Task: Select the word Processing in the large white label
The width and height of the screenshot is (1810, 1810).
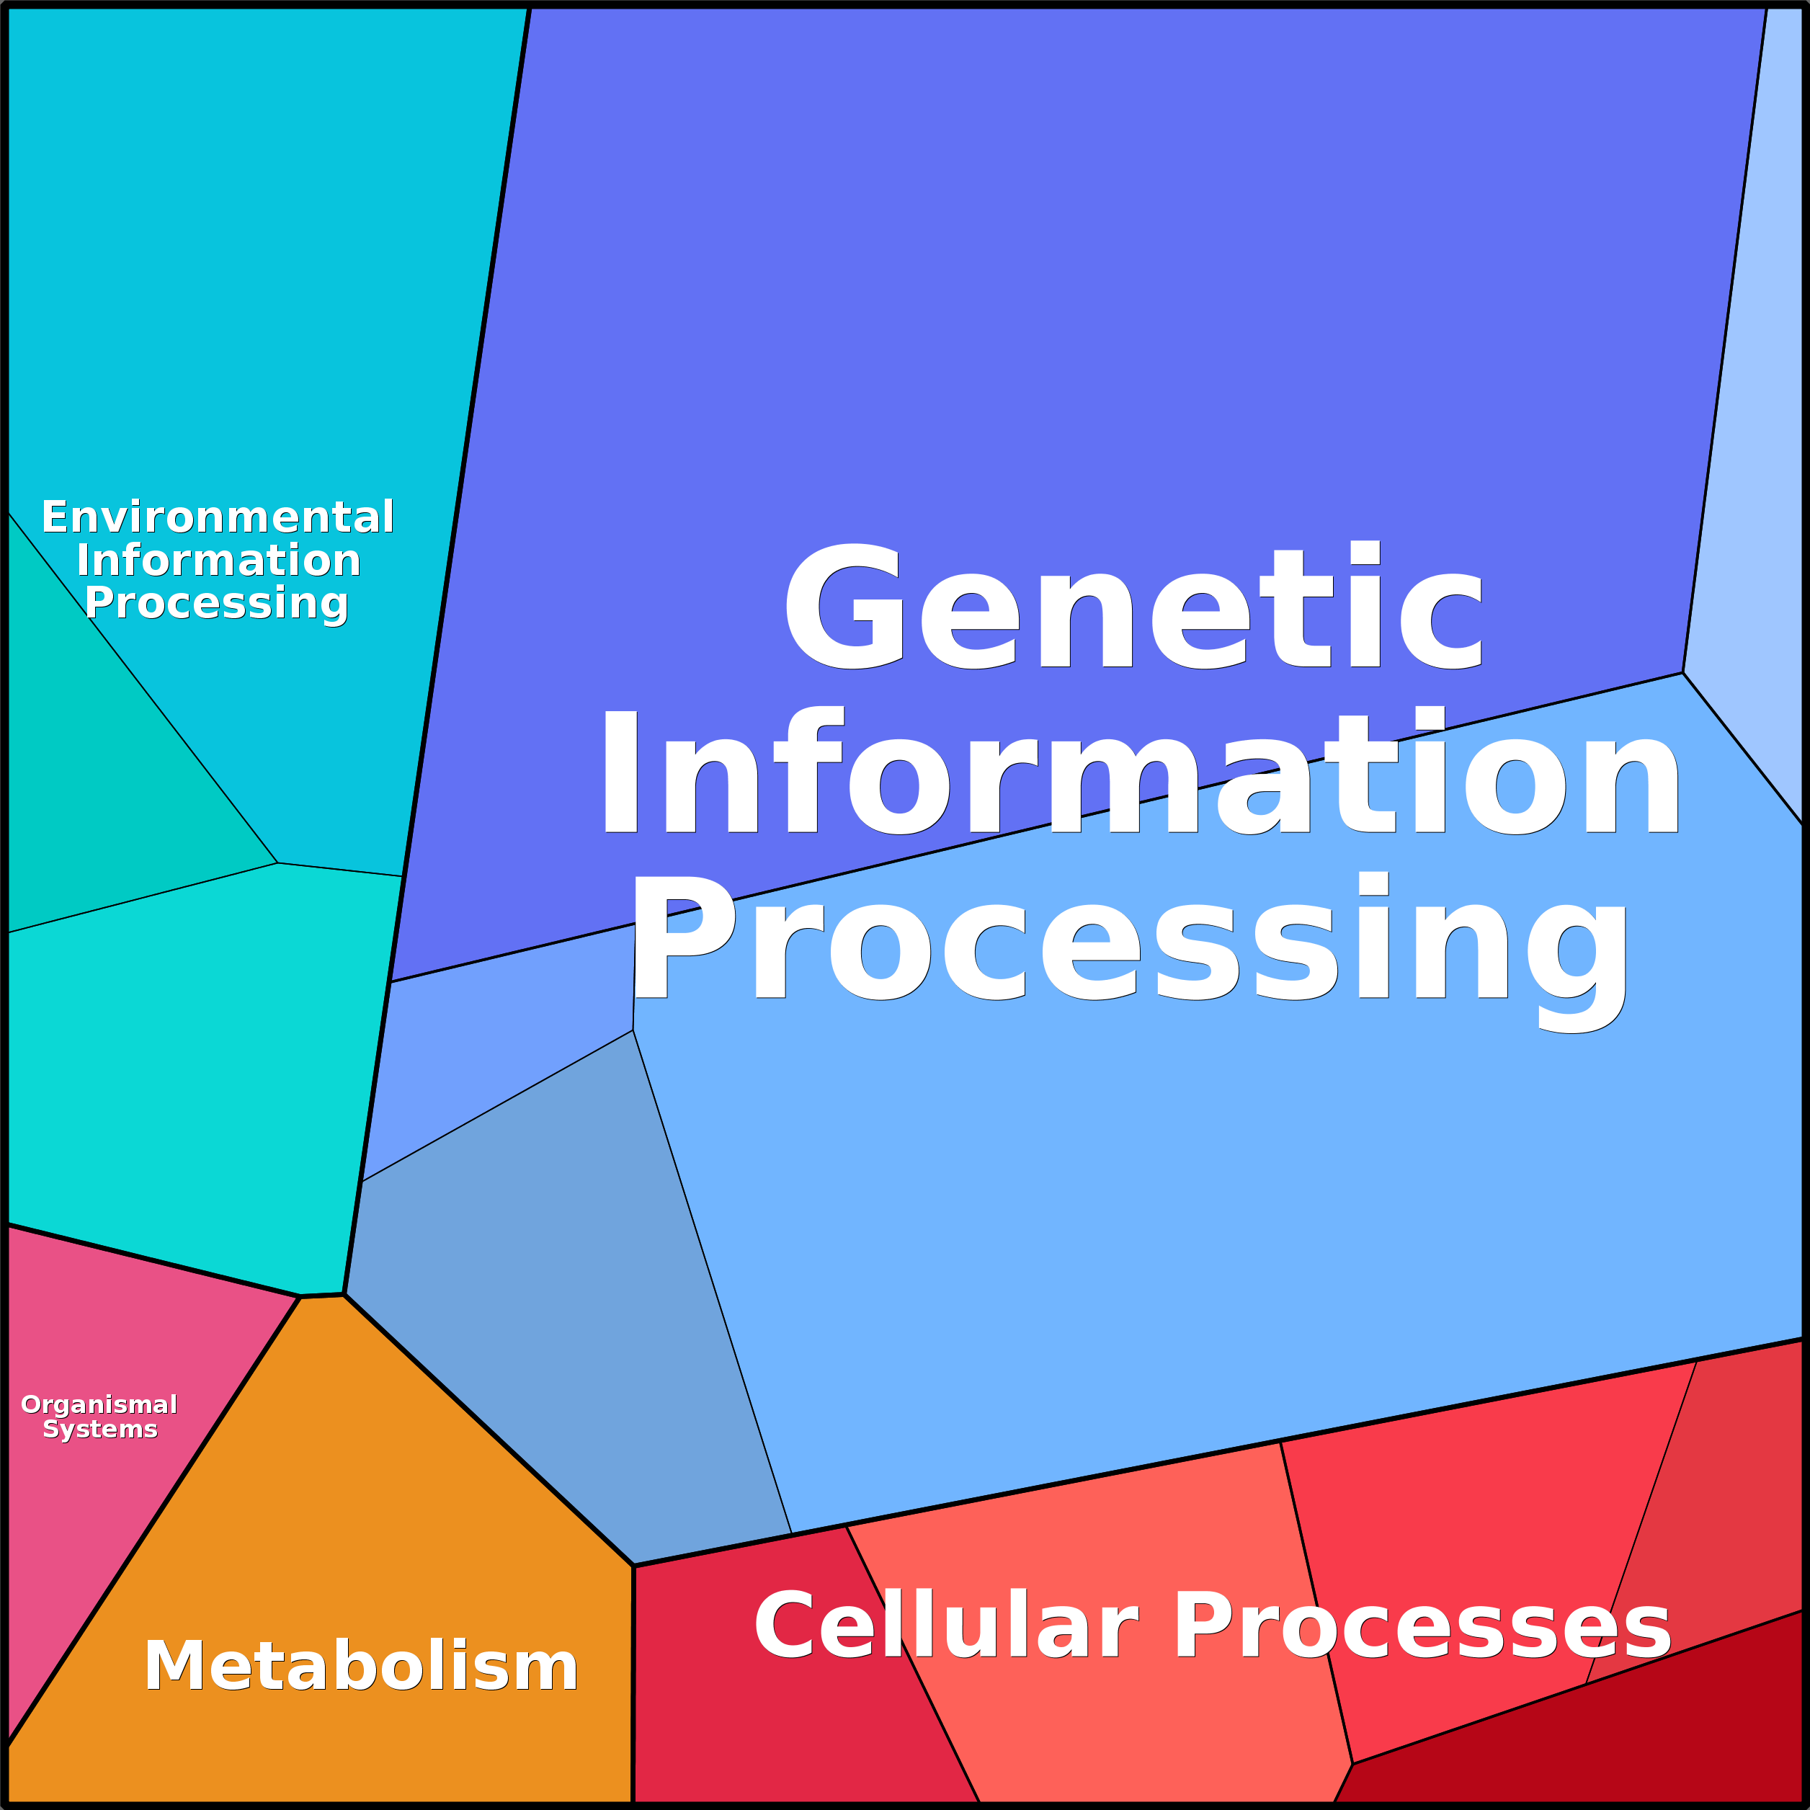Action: [1129, 940]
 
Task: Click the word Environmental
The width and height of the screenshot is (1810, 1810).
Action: [218, 517]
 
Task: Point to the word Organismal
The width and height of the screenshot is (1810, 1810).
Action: [99, 1405]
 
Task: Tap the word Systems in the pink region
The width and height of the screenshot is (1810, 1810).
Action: [100, 1430]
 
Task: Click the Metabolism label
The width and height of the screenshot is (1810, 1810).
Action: [361, 1667]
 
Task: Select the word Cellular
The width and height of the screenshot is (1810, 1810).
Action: [946, 1626]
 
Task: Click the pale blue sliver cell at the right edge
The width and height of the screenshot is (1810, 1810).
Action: [1761, 468]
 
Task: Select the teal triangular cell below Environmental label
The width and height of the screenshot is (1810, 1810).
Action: [103, 796]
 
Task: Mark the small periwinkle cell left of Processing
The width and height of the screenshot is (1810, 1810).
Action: [496, 1030]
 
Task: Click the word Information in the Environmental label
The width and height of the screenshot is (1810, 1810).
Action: [218, 561]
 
